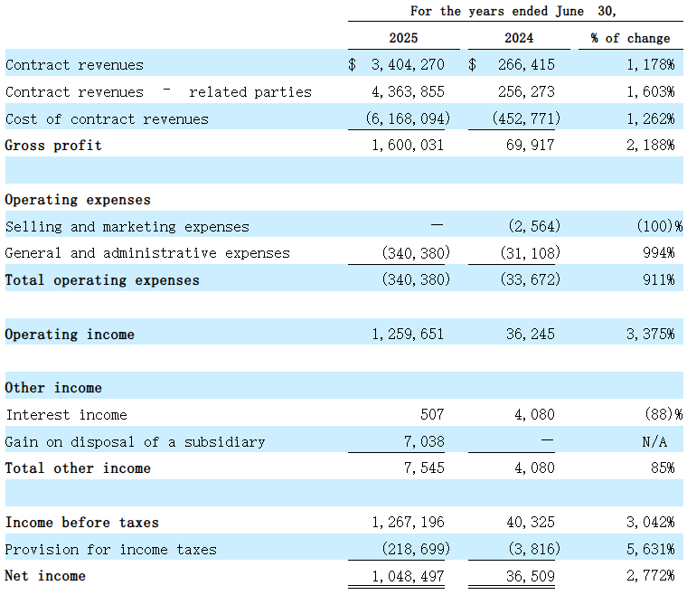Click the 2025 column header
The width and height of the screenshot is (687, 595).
[x=403, y=38]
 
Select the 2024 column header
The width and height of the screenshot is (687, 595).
[x=519, y=38]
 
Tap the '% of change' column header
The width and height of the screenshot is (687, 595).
[x=631, y=38]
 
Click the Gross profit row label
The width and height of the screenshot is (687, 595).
[x=53, y=146]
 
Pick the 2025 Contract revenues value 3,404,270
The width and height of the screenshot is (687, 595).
[x=408, y=65]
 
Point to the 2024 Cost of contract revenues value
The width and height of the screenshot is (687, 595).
[x=526, y=119]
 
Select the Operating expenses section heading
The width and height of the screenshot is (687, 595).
[x=78, y=200]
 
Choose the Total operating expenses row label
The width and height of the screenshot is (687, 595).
[x=102, y=280]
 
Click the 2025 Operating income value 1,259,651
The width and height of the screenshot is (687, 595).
[x=408, y=335]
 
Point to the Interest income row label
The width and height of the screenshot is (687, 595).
[x=66, y=415]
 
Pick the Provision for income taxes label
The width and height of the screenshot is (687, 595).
[x=110, y=550]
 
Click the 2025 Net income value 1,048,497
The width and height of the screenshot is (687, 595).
[x=408, y=576]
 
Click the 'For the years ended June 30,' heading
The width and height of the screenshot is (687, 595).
[x=513, y=11]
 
